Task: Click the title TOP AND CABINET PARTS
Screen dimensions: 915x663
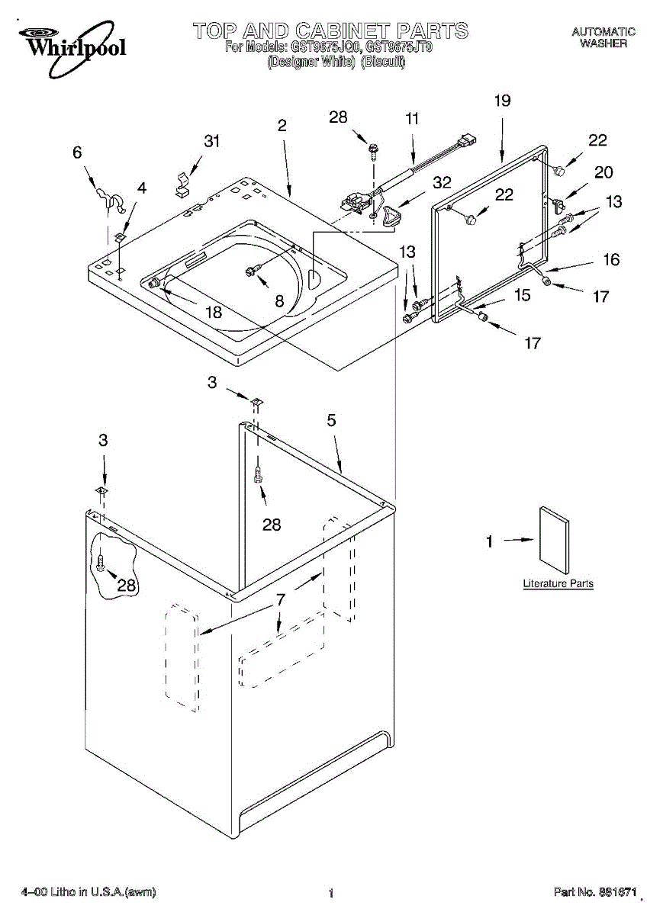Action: (x=330, y=30)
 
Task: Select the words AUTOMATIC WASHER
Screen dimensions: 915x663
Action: (x=603, y=37)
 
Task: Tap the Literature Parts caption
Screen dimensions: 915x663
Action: (x=558, y=583)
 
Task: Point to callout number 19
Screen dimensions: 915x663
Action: (x=502, y=101)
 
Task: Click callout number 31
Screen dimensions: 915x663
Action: (x=211, y=140)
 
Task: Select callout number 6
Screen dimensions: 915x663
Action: (x=77, y=152)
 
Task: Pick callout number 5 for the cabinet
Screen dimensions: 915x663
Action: (x=332, y=420)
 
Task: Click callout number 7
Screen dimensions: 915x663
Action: (x=281, y=601)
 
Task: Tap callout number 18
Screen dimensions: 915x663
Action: (x=214, y=311)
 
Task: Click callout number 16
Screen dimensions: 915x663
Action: (x=611, y=260)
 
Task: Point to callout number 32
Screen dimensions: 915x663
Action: (x=442, y=182)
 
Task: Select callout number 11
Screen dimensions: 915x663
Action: (x=412, y=119)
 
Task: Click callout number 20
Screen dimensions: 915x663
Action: (x=603, y=172)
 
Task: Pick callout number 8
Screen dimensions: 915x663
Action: (x=279, y=301)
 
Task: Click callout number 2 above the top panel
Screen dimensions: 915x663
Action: (x=282, y=126)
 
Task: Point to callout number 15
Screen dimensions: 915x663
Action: (x=522, y=294)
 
